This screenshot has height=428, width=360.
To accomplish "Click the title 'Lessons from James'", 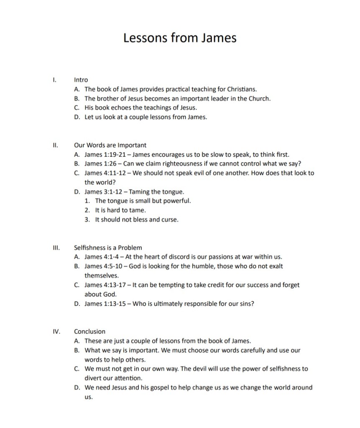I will coord(180,38).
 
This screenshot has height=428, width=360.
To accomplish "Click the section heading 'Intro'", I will coord(81,79).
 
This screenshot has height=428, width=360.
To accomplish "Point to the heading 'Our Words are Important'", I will coord(110,145).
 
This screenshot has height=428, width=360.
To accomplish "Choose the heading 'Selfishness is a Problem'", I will coord(108,247).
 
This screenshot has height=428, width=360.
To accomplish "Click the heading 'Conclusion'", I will coord(89,331).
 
